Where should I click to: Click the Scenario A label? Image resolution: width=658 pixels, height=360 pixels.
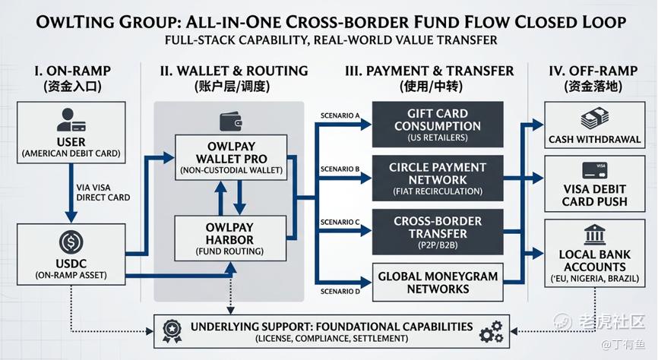[339, 115]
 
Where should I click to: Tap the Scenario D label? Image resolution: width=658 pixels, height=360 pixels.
[339, 292]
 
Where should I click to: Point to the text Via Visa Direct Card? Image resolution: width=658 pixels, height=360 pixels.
[103, 191]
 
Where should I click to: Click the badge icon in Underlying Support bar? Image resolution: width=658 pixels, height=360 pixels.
[172, 328]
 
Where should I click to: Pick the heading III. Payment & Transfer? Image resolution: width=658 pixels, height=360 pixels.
[429, 71]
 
